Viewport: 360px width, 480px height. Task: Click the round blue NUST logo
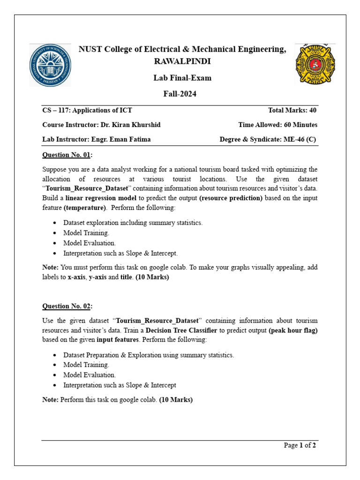coord(51,66)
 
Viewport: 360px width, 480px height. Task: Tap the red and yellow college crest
coord(308,65)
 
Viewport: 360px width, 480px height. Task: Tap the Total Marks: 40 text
coord(292,111)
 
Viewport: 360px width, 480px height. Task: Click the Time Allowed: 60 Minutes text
coord(277,125)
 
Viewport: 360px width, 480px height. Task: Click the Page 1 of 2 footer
coord(300,445)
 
